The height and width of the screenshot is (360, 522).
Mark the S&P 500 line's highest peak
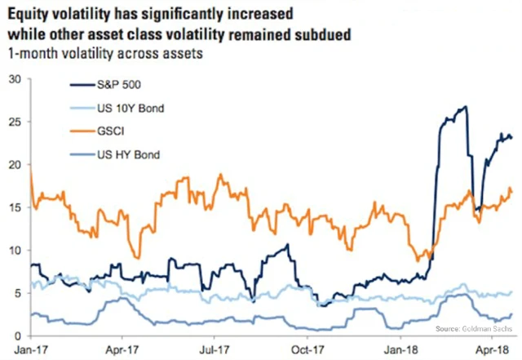point(464,107)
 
